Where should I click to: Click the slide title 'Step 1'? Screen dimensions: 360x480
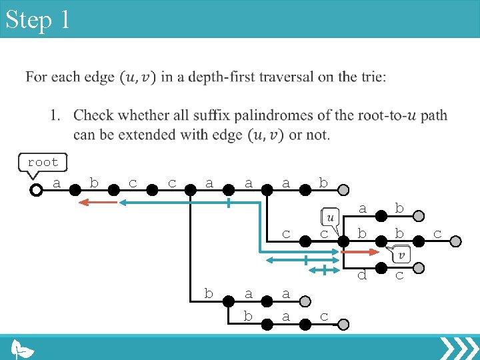click(37, 19)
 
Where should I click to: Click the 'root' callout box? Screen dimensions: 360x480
click(43, 162)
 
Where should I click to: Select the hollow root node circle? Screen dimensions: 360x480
click(37, 190)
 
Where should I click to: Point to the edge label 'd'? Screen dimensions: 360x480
click(362, 273)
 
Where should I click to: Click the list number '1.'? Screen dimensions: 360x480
click(57, 115)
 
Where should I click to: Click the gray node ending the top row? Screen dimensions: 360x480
click(342, 190)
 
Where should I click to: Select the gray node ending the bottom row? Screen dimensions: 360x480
click(342, 324)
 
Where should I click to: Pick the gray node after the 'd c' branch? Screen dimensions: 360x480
click(419, 268)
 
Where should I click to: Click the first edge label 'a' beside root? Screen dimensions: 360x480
click(57, 182)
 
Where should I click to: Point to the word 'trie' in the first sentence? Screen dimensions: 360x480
click(373, 77)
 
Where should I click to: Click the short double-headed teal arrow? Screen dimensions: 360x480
click(323, 270)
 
